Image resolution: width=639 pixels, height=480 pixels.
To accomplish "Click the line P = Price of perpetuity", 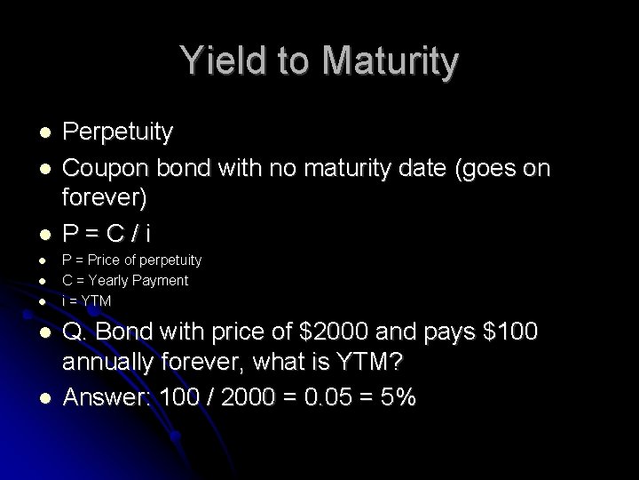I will (x=131, y=260).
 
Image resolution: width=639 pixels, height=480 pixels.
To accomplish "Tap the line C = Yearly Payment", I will (x=124, y=281).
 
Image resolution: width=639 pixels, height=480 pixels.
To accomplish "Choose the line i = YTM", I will (x=86, y=301).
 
